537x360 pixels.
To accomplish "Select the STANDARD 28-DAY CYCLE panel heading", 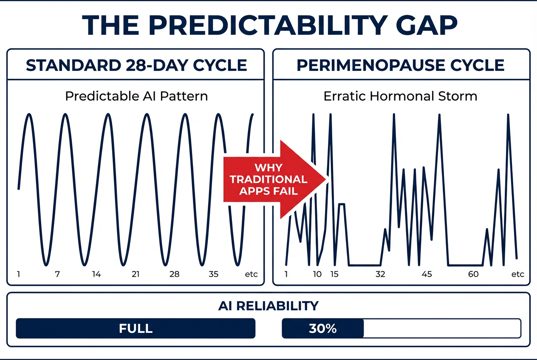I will click(x=136, y=65).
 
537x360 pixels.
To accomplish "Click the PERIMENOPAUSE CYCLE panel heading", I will click(x=401, y=65).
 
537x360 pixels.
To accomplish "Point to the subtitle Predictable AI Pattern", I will click(x=136, y=96).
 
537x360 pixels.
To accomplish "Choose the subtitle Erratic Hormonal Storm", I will click(x=400, y=96).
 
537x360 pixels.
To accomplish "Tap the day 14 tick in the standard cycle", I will click(x=96, y=274).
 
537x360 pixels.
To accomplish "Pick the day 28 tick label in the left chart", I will click(x=175, y=274).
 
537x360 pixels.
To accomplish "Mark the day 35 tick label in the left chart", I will click(x=214, y=274).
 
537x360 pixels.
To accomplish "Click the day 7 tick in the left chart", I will click(x=57, y=274).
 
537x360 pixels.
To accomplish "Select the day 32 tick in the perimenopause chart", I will click(x=380, y=274).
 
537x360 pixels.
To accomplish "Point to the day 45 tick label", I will click(x=427, y=274).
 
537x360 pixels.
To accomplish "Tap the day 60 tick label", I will click(x=473, y=274).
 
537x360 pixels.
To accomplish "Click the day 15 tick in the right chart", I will click(x=334, y=274).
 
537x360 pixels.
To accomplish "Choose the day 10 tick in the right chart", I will click(x=317, y=274).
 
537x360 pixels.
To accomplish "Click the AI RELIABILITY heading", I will click(x=268, y=306).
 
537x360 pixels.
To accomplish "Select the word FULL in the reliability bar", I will click(x=136, y=329).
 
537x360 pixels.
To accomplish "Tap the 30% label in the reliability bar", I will click(x=323, y=329).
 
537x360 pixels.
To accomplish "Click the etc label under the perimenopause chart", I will click(x=517, y=274).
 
